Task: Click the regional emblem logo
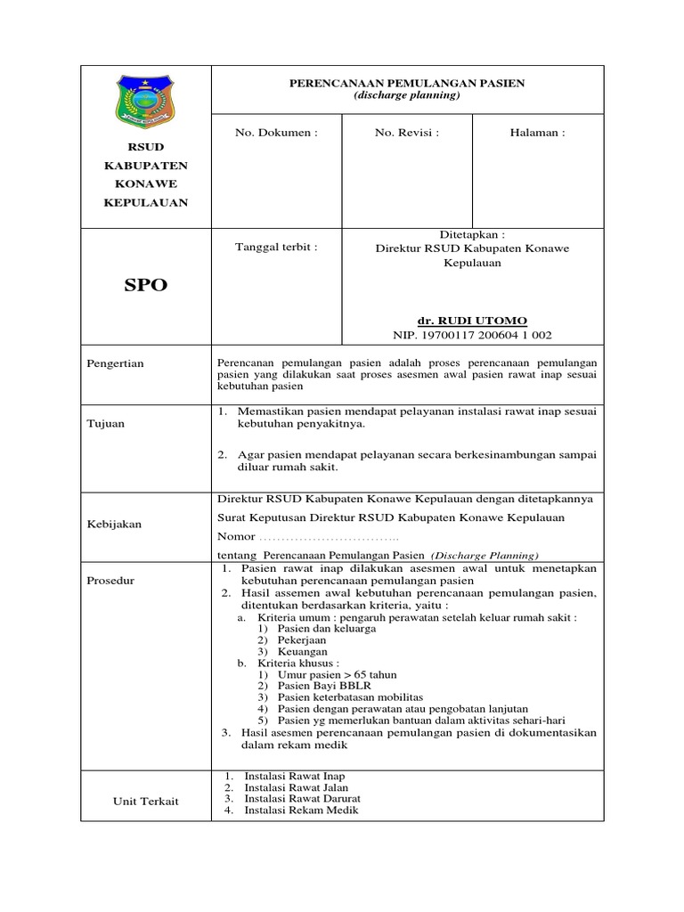146,102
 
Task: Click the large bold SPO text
144,286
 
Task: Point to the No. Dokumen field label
275,133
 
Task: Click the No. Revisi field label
406,133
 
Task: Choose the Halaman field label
536,133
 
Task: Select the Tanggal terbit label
275,247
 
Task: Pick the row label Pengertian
116,363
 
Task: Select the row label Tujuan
106,424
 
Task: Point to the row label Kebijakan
114,525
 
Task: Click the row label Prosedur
110,581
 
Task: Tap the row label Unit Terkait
145,801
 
